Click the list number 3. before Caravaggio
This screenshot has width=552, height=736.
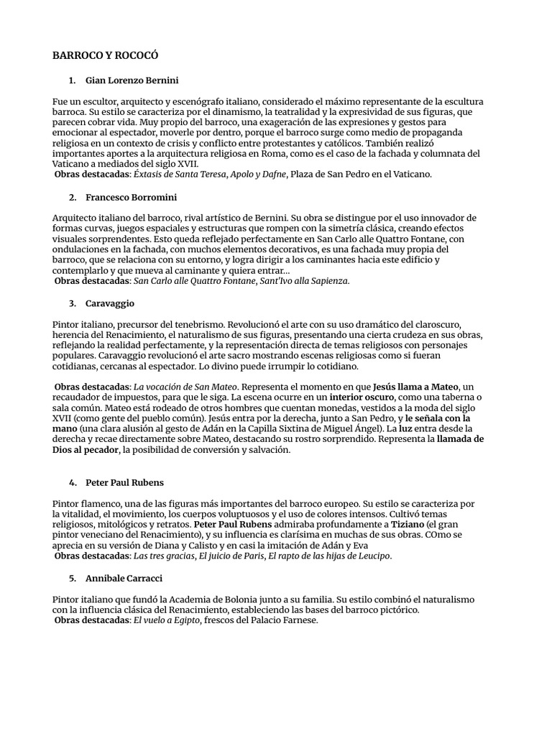[73, 303]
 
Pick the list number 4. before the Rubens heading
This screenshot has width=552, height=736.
[73, 482]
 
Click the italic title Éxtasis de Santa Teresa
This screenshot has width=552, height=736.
[167, 175]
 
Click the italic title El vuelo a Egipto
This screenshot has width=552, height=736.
[160, 620]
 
